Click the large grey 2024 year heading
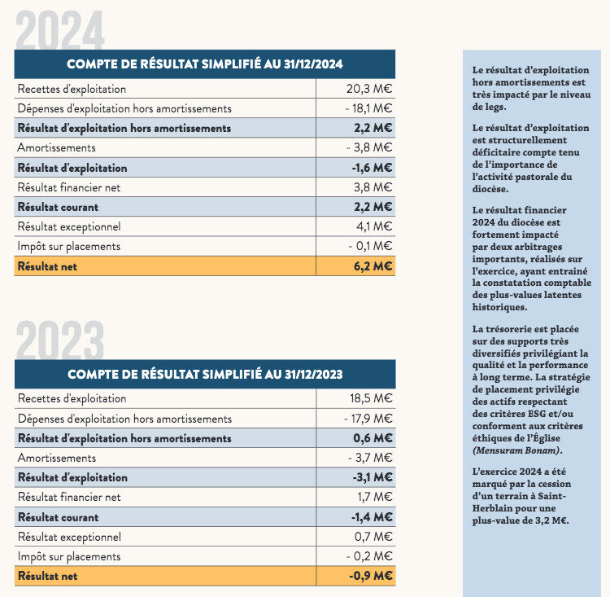tap(60, 30)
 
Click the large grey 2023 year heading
tap(60, 340)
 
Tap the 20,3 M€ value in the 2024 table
tap(369, 89)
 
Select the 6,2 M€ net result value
tap(373, 266)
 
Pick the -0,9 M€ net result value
tap(370, 576)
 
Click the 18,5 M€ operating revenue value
tap(371, 398)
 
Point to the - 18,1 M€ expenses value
tap(368, 108)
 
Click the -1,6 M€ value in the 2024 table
tap(372, 168)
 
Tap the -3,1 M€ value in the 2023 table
tap(373, 477)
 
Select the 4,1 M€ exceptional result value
tap(374, 226)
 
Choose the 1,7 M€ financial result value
tap(375, 497)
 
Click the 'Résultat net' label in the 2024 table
tap(47, 266)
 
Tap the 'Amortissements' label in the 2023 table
tap(57, 458)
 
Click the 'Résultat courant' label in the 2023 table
tap(59, 517)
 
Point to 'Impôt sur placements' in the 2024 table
tap(69, 246)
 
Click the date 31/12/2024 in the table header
tap(313, 64)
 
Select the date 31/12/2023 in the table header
tap(314, 374)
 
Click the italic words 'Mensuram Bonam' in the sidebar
tap(516, 450)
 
